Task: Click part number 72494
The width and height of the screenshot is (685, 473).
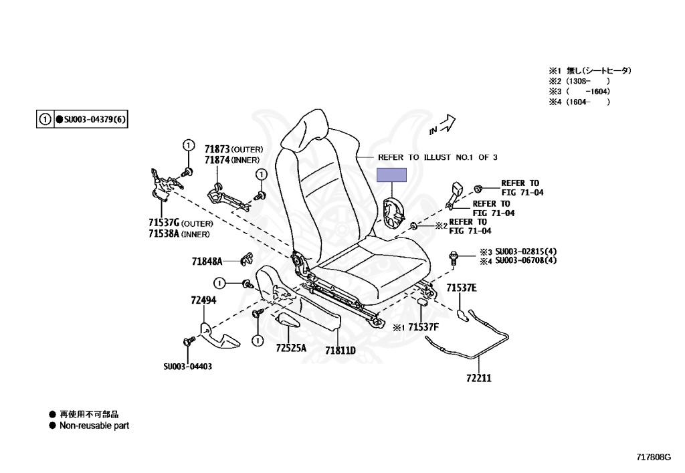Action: pyautogui.click(x=203, y=300)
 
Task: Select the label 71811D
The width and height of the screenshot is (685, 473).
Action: pyautogui.click(x=340, y=350)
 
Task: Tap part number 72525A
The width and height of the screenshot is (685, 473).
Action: pyautogui.click(x=290, y=348)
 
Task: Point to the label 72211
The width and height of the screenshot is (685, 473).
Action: pyautogui.click(x=479, y=378)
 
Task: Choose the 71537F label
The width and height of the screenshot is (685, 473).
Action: pyautogui.click(x=423, y=327)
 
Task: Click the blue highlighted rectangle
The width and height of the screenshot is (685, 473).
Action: pyautogui.click(x=391, y=175)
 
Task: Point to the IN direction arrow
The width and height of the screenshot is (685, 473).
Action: pyautogui.click(x=443, y=123)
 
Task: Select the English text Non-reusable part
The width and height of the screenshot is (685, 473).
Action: pyautogui.click(x=94, y=425)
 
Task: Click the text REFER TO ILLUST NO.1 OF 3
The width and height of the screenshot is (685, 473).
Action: pyautogui.click(x=437, y=157)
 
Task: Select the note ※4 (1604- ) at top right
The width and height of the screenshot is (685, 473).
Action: pyautogui.click(x=579, y=102)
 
